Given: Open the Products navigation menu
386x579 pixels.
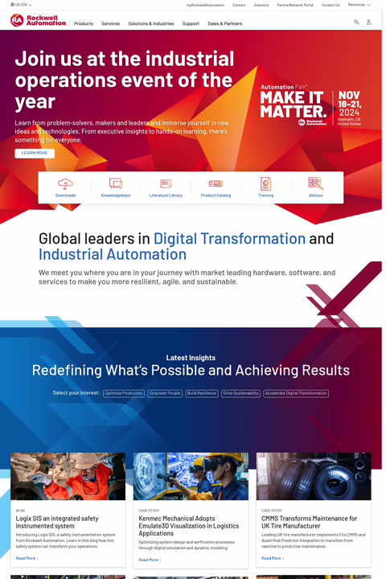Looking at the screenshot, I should click(x=84, y=24).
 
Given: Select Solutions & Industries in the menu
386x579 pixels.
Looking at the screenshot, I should click(x=151, y=24).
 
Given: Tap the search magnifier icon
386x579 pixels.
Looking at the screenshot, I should click(x=356, y=22).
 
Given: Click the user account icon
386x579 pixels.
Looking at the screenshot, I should click(x=369, y=22).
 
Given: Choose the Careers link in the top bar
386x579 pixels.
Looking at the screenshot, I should click(x=239, y=5).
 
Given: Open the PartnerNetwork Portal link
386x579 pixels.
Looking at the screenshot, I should click(x=295, y=5).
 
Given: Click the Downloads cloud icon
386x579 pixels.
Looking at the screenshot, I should click(x=66, y=184).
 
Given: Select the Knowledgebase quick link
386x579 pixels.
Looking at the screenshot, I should click(x=116, y=187).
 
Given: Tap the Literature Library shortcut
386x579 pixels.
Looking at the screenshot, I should click(x=166, y=187).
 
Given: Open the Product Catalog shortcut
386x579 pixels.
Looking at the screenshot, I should click(x=216, y=187).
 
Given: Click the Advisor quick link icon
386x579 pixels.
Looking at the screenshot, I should click(x=315, y=184).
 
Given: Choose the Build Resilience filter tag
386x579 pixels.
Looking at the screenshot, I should click(x=202, y=393).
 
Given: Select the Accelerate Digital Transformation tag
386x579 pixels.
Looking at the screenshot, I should click(x=296, y=393).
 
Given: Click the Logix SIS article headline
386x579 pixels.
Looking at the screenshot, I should click(x=57, y=522).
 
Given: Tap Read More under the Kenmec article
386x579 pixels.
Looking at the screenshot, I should click(x=149, y=560).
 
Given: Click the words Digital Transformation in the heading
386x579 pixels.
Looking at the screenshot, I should click(x=229, y=239).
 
